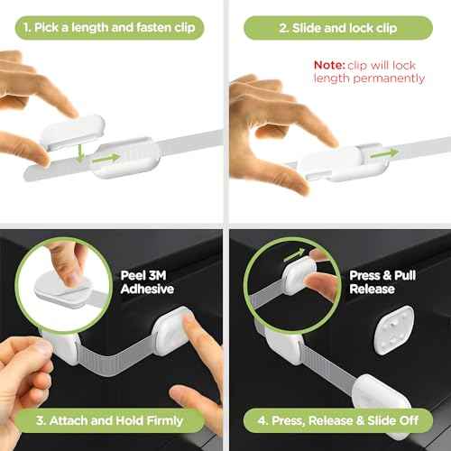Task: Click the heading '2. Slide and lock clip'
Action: pyautogui.click(x=338, y=28)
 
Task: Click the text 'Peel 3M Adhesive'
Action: pyautogui.click(x=149, y=281)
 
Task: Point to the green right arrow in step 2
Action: pyautogui.click(x=382, y=153)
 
